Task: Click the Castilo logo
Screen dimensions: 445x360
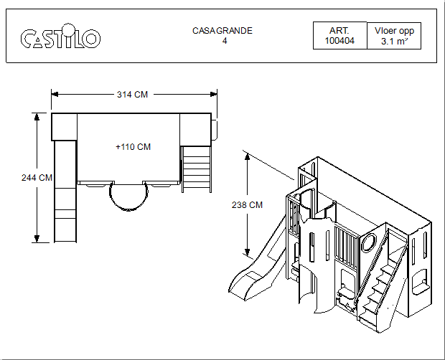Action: (x=60, y=36)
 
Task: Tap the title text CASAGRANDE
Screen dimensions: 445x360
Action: (x=222, y=31)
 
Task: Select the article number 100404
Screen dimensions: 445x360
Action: (x=339, y=41)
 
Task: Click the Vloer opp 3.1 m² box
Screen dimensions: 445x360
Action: (x=394, y=36)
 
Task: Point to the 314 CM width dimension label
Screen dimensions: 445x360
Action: (x=133, y=95)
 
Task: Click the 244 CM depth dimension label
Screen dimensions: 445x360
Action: (x=37, y=178)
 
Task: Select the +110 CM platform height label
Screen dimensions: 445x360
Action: (x=133, y=147)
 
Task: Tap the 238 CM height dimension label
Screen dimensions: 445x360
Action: (x=247, y=204)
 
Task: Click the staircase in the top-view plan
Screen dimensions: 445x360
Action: (x=197, y=169)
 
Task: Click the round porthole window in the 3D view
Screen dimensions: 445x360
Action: (x=368, y=242)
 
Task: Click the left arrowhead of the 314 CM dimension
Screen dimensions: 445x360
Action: (x=55, y=94)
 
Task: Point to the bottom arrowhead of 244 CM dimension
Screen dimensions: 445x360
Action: (x=37, y=239)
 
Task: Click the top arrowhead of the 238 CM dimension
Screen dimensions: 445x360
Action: (x=247, y=156)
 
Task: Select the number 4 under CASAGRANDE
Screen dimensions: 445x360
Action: (x=225, y=41)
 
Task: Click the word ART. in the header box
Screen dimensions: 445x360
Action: (x=339, y=31)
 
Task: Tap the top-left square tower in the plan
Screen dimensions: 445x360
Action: (x=64, y=127)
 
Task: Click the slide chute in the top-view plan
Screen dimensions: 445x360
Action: (x=65, y=191)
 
